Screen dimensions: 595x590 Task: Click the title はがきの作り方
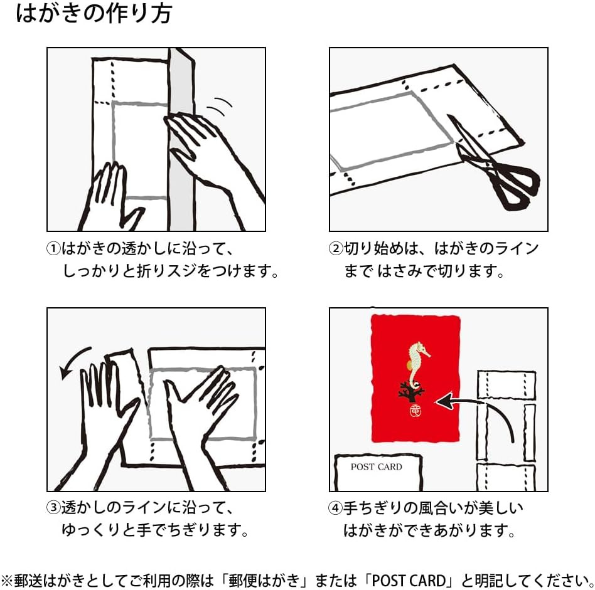[94, 13]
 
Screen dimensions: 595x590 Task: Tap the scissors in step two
[493, 163]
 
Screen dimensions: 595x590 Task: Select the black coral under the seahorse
[412, 392]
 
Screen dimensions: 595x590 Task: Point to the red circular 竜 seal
[414, 410]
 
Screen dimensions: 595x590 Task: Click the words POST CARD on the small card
[376, 466]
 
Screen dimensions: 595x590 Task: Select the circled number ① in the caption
[53, 249]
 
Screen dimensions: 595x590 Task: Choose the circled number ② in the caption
[336, 249]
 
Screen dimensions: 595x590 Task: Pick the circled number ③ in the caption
[53, 507]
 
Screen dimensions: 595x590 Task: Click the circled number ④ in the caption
[335, 508]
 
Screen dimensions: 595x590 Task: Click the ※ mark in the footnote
[7, 580]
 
